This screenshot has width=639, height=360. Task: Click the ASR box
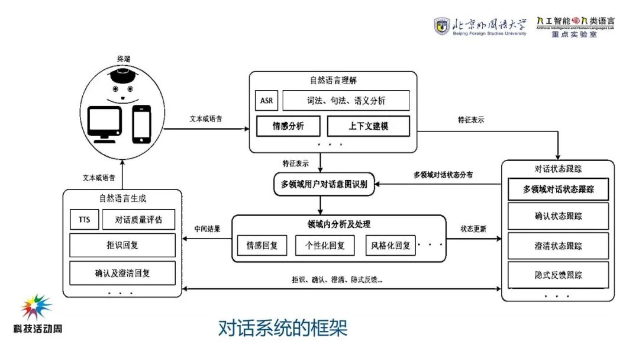pyautogui.click(x=266, y=101)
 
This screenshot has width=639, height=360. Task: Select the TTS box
pyautogui.click(x=84, y=220)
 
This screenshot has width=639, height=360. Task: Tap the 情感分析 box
pyautogui.click(x=288, y=126)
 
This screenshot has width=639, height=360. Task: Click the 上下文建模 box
pyautogui.click(x=369, y=126)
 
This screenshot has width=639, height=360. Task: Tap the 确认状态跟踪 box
pyautogui.click(x=558, y=216)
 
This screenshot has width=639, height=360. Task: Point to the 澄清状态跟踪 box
pyautogui.click(x=558, y=246)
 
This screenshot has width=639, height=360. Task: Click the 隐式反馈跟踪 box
pyautogui.click(x=558, y=275)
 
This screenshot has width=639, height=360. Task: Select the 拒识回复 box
pyautogui.click(x=122, y=245)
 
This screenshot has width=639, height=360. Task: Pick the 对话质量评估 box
pyautogui.click(x=139, y=220)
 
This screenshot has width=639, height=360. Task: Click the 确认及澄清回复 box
pyautogui.click(x=122, y=274)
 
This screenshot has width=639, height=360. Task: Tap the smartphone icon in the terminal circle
pyautogui.click(x=141, y=124)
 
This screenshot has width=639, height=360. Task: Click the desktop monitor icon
pyautogui.click(x=105, y=124)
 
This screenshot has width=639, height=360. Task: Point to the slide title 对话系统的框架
pyautogui.click(x=282, y=327)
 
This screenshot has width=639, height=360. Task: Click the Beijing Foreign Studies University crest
pyautogui.click(x=441, y=26)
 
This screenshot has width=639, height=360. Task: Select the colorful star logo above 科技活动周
pyautogui.click(x=37, y=307)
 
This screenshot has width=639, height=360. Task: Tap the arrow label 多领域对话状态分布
pyautogui.click(x=443, y=175)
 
